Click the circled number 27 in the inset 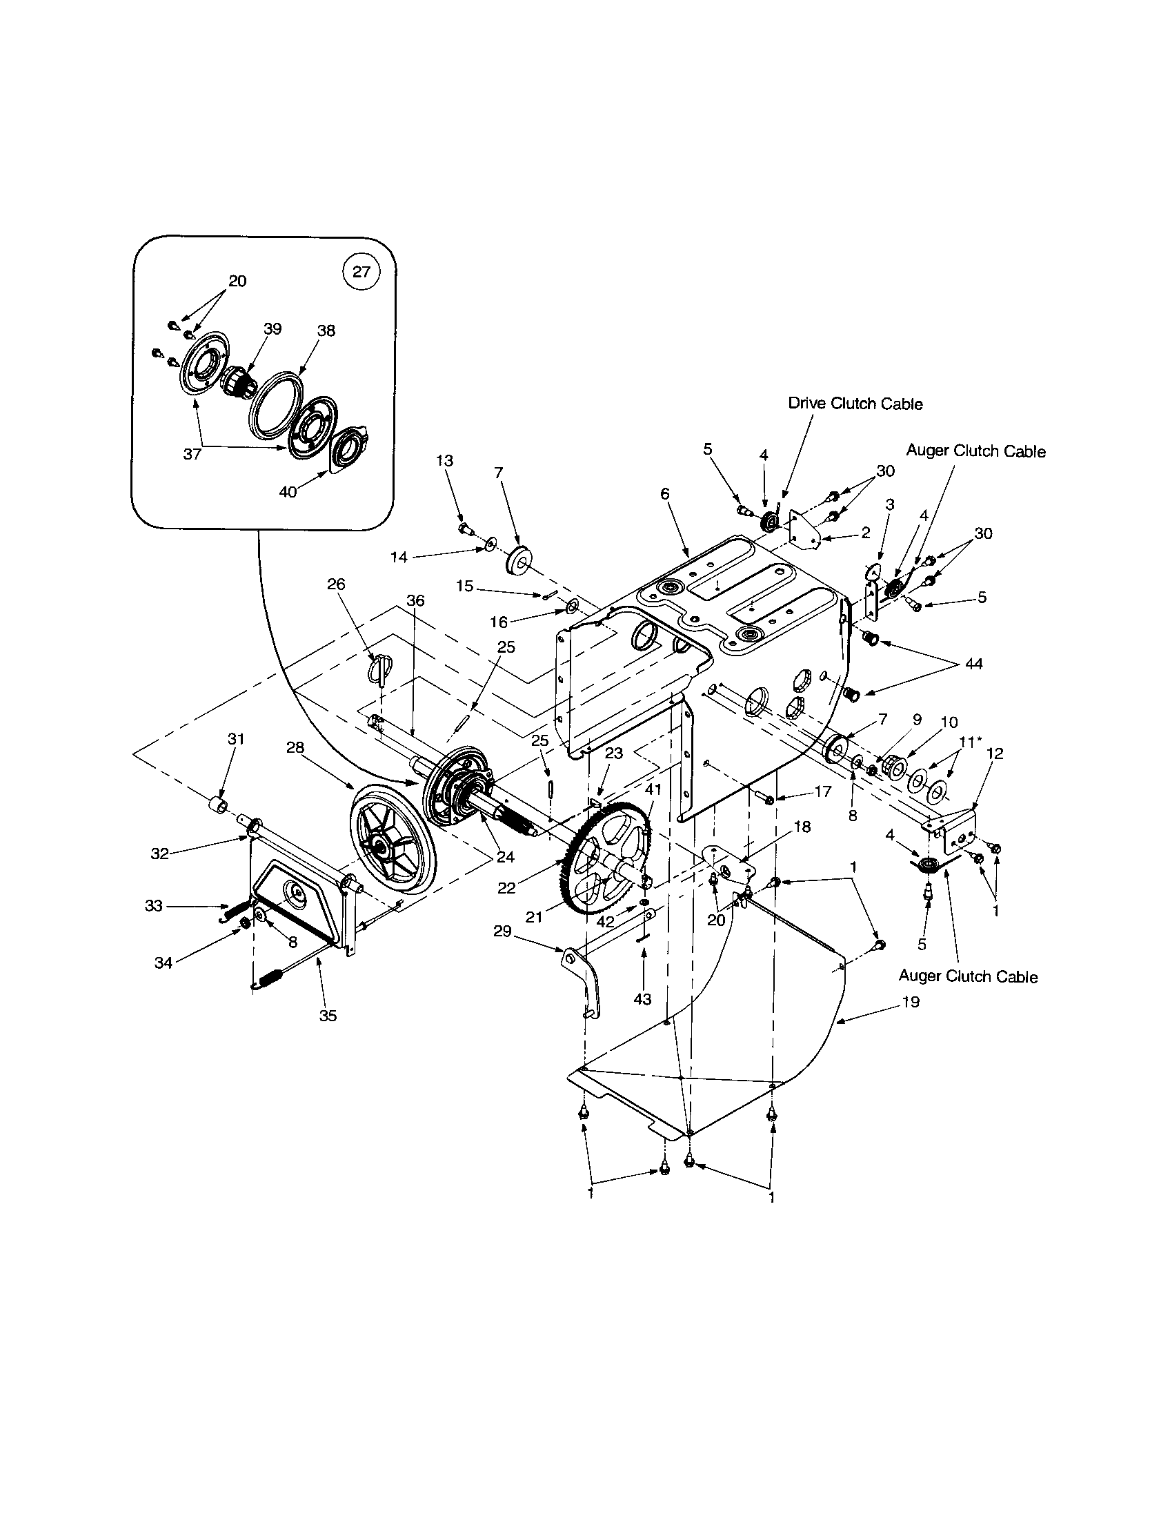361,272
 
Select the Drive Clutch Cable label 855,404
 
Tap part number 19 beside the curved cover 910,1003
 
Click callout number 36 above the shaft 415,600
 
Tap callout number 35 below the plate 328,1016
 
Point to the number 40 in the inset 288,492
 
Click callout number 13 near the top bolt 445,460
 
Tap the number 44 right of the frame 974,664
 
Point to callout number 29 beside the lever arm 502,931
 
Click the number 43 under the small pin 643,999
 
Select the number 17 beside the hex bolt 822,791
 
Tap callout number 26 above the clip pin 336,584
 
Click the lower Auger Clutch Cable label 968,976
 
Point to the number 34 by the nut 163,963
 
